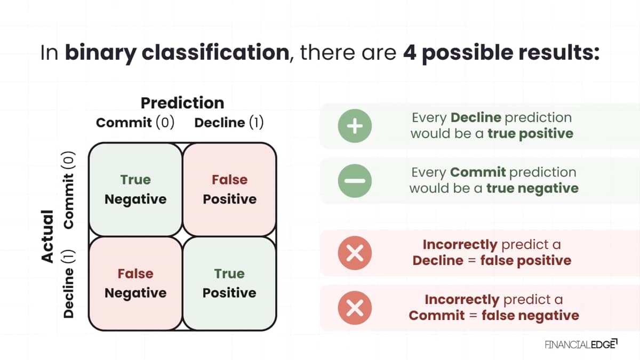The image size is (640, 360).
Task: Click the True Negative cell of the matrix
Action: [135, 189]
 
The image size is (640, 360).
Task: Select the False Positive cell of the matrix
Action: [229, 189]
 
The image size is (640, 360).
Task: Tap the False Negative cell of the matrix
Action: [135, 283]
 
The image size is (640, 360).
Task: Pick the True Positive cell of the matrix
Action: [229, 283]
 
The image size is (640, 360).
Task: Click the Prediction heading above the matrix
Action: [182, 103]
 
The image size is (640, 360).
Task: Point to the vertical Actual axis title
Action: [47, 236]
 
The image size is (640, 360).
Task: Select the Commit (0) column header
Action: [135, 123]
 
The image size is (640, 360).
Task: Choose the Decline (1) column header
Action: [229, 123]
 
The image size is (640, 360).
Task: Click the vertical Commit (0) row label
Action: [69, 190]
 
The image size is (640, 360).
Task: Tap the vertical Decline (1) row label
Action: [69, 284]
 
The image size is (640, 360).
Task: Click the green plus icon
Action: [355, 126]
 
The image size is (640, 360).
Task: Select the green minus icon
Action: [355, 181]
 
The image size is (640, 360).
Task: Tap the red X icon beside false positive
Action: [355, 253]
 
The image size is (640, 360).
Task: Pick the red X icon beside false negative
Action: [355, 308]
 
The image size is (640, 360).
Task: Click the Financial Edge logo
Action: [581, 345]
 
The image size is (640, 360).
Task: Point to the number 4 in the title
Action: [410, 53]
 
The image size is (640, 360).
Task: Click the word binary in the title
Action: [101, 54]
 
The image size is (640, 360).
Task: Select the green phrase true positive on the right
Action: [530, 134]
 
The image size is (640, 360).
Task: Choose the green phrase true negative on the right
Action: [532, 189]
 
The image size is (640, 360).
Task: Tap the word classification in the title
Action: [215, 52]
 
